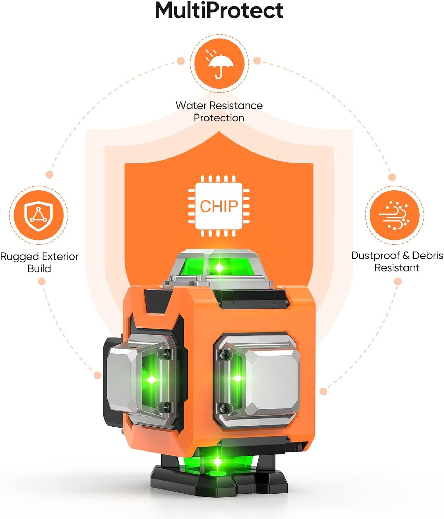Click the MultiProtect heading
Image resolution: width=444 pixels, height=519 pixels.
click(x=219, y=10)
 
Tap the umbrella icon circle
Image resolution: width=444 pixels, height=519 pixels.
click(x=219, y=64)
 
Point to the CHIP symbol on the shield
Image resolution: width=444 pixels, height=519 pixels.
click(x=219, y=206)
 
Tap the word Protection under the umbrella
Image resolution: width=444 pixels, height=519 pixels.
click(x=219, y=118)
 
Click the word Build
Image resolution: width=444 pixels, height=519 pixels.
click(x=39, y=269)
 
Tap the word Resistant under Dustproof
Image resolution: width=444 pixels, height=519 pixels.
click(x=397, y=268)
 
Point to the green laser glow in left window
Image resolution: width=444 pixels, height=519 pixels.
click(x=152, y=380)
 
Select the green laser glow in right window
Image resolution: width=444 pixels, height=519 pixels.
click(x=237, y=378)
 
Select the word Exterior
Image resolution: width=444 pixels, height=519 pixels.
click(x=60, y=257)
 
